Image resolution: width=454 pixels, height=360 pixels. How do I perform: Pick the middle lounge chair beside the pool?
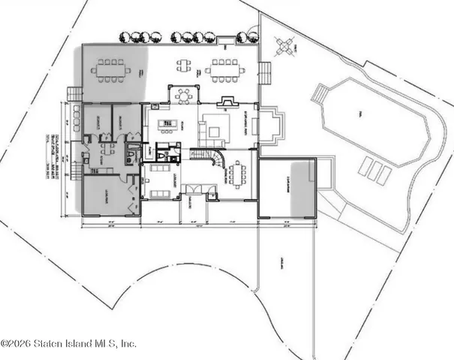pyautogui.click(x=373, y=170)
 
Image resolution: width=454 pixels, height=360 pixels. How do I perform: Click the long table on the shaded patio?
pyautogui.click(x=111, y=70)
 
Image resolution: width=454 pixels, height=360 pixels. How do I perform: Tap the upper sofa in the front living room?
pyautogui.click(x=162, y=169)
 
